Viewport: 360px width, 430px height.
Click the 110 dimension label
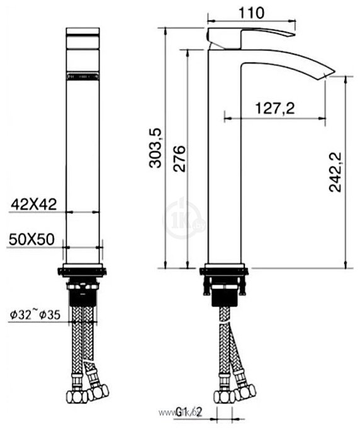[251, 12]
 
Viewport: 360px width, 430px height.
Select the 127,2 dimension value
[275, 108]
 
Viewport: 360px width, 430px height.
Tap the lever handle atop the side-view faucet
[252, 33]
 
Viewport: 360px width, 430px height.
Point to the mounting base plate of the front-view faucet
[83, 272]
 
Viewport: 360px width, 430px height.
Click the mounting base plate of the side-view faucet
[224, 272]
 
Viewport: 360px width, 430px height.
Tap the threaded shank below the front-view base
[83, 296]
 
